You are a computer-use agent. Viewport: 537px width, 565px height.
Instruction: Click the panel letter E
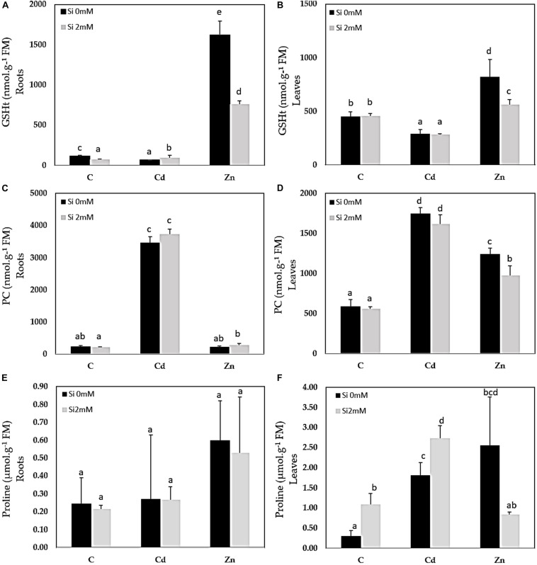(4, 383)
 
